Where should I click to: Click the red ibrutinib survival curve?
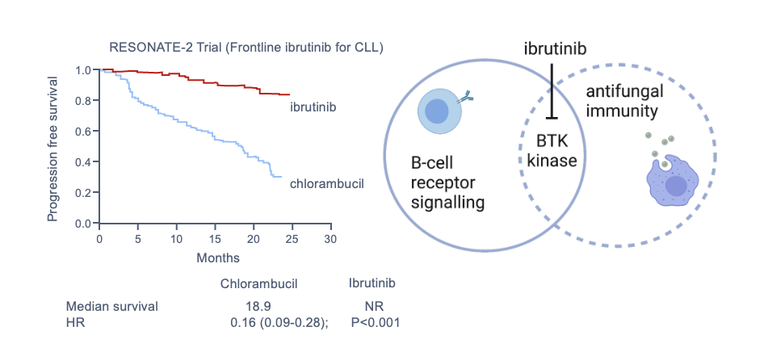[x=202, y=81]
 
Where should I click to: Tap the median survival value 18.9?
[x=258, y=307]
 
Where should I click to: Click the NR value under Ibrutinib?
[x=374, y=307]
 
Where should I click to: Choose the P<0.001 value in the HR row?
[x=376, y=323]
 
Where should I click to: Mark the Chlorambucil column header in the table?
[x=259, y=284]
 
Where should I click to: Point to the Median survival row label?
[x=112, y=307]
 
